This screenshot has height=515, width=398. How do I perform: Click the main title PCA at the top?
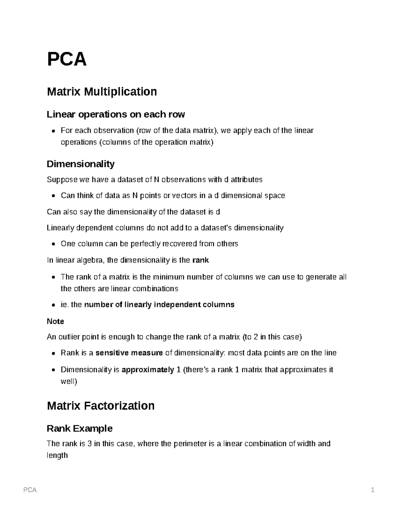(x=67, y=59)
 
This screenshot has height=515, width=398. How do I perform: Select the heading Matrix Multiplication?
(x=102, y=92)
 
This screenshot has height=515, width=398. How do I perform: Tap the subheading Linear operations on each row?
(x=116, y=114)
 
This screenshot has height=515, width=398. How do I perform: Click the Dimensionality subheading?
(x=81, y=164)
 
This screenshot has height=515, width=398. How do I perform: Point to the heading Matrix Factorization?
(x=101, y=406)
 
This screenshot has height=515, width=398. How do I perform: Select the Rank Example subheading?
(x=80, y=428)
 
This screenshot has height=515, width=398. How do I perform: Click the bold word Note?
(x=55, y=321)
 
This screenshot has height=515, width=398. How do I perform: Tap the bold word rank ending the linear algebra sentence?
(x=201, y=260)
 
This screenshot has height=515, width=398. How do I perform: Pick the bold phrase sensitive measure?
(x=129, y=353)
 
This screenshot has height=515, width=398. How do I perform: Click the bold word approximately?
(x=148, y=370)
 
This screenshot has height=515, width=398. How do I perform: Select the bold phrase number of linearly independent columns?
(x=159, y=305)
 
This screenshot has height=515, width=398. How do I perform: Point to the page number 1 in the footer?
(x=373, y=490)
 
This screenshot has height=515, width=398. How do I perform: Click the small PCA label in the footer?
(x=30, y=490)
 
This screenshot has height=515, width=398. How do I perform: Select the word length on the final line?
(x=57, y=455)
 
